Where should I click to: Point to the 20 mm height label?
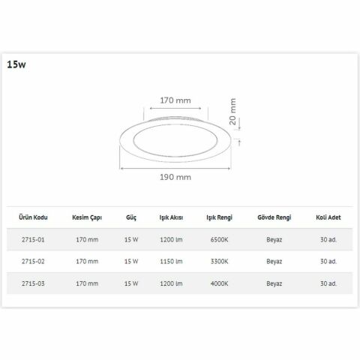tap(234, 111)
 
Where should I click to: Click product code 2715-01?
tap(34, 240)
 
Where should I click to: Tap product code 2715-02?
tap(34, 261)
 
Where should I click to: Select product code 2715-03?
tap(34, 283)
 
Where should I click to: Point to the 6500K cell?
tap(219, 240)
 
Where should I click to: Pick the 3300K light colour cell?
tap(219, 261)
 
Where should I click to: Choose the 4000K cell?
tap(219, 283)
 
